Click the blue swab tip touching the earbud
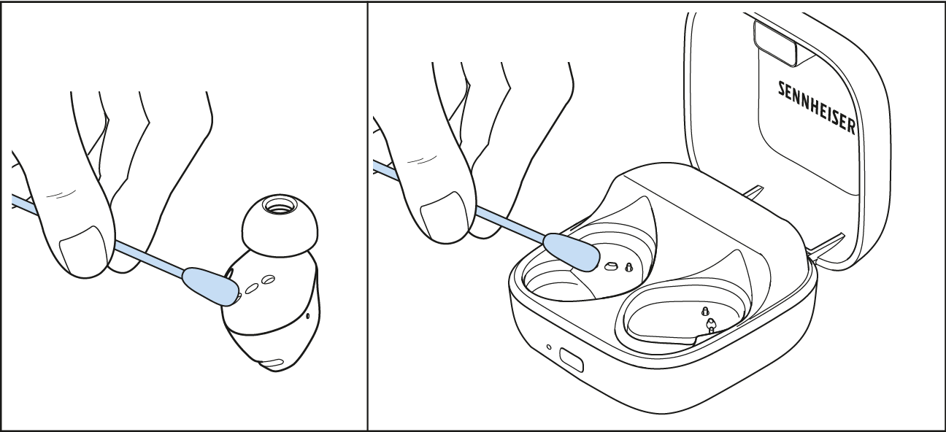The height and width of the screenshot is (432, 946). tap(209, 286)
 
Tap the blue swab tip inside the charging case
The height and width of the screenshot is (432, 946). tap(571, 252)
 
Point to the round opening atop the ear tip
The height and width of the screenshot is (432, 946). tap(279, 205)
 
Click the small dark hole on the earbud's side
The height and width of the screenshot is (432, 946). tap(308, 316)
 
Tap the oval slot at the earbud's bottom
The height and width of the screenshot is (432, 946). tap(273, 363)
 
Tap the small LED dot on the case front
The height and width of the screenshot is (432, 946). tap(549, 347)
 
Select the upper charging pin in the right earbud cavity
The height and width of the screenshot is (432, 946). tap(704, 312)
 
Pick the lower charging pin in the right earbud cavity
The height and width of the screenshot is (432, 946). tap(711, 325)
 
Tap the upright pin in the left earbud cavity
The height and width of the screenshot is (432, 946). tap(628, 267)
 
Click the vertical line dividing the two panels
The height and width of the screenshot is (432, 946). tap(367, 216)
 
